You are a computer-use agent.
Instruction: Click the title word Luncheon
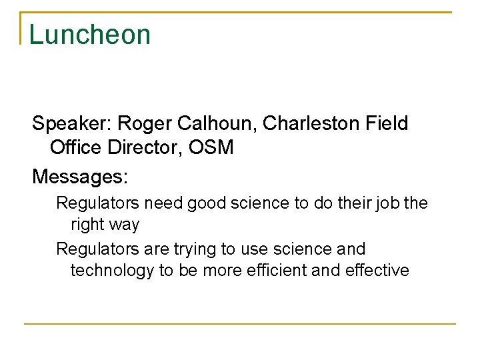(90, 35)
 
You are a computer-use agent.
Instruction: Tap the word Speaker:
(73, 124)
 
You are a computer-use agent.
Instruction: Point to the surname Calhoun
(214, 124)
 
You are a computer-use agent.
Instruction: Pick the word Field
(386, 124)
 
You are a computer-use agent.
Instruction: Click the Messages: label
(80, 177)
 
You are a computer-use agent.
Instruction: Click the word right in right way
(87, 225)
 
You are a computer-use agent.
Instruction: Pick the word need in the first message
(165, 203)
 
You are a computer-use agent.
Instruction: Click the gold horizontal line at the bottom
(240, 324)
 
